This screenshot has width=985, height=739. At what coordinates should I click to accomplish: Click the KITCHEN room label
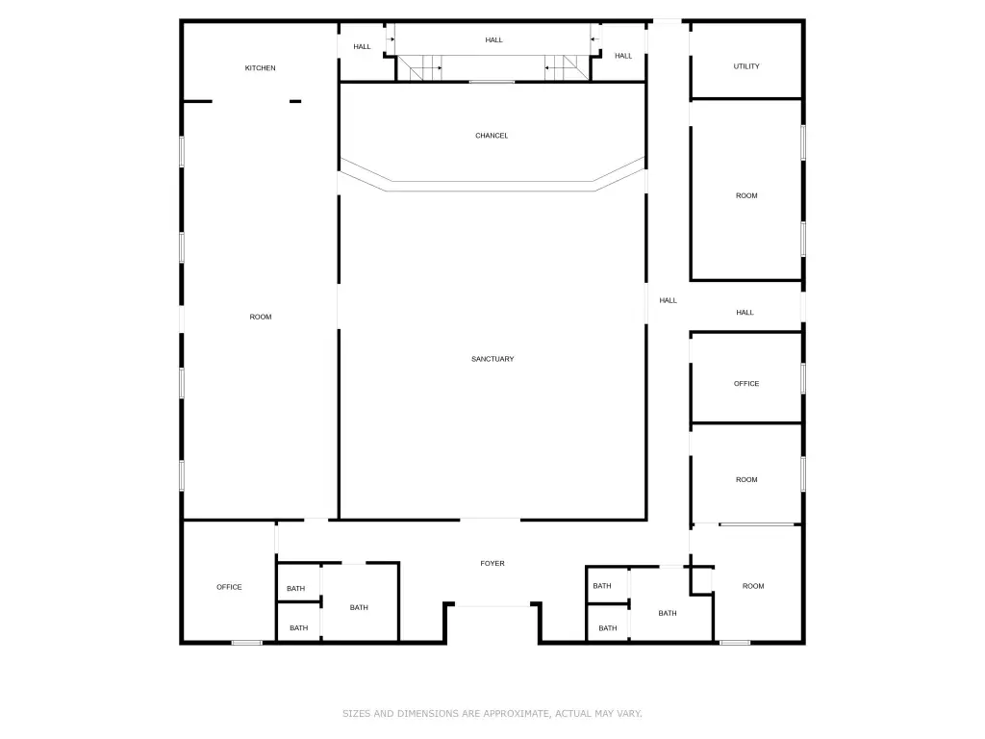coord(260,68)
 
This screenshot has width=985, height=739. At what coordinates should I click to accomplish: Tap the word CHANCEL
coord(492,136)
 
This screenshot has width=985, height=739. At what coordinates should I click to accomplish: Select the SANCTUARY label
coord(492,359)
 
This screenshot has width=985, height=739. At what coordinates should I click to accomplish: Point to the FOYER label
coord(492,563)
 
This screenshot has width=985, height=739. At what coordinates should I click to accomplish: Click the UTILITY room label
coord(746,66)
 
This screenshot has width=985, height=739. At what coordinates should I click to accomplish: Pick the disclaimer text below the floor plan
coord(492,713)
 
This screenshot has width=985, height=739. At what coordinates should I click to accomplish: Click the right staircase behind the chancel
coord(567,68)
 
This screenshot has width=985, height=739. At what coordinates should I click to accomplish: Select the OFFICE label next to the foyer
coord(229,587)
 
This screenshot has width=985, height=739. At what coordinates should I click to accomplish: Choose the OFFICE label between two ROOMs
coord(746,383)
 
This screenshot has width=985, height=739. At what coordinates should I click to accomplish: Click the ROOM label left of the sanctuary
coord(261,317)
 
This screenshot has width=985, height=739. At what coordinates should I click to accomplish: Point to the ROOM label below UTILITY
coord(746,195)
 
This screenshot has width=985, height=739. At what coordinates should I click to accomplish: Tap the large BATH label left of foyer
coord(359,608)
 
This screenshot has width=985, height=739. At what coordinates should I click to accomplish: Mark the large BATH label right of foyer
coord(668,613)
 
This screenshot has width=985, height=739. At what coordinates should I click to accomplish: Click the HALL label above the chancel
coord(493,40)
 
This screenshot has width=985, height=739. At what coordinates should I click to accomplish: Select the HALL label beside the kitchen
coord(362,46)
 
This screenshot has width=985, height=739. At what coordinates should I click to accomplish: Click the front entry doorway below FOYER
coord(492,606)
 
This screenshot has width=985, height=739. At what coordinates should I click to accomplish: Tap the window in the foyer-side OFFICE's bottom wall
coord(247,642)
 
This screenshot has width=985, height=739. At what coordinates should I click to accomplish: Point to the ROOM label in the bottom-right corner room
coord(753,586)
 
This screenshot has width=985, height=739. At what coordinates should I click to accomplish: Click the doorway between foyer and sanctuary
coord(490,520)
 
